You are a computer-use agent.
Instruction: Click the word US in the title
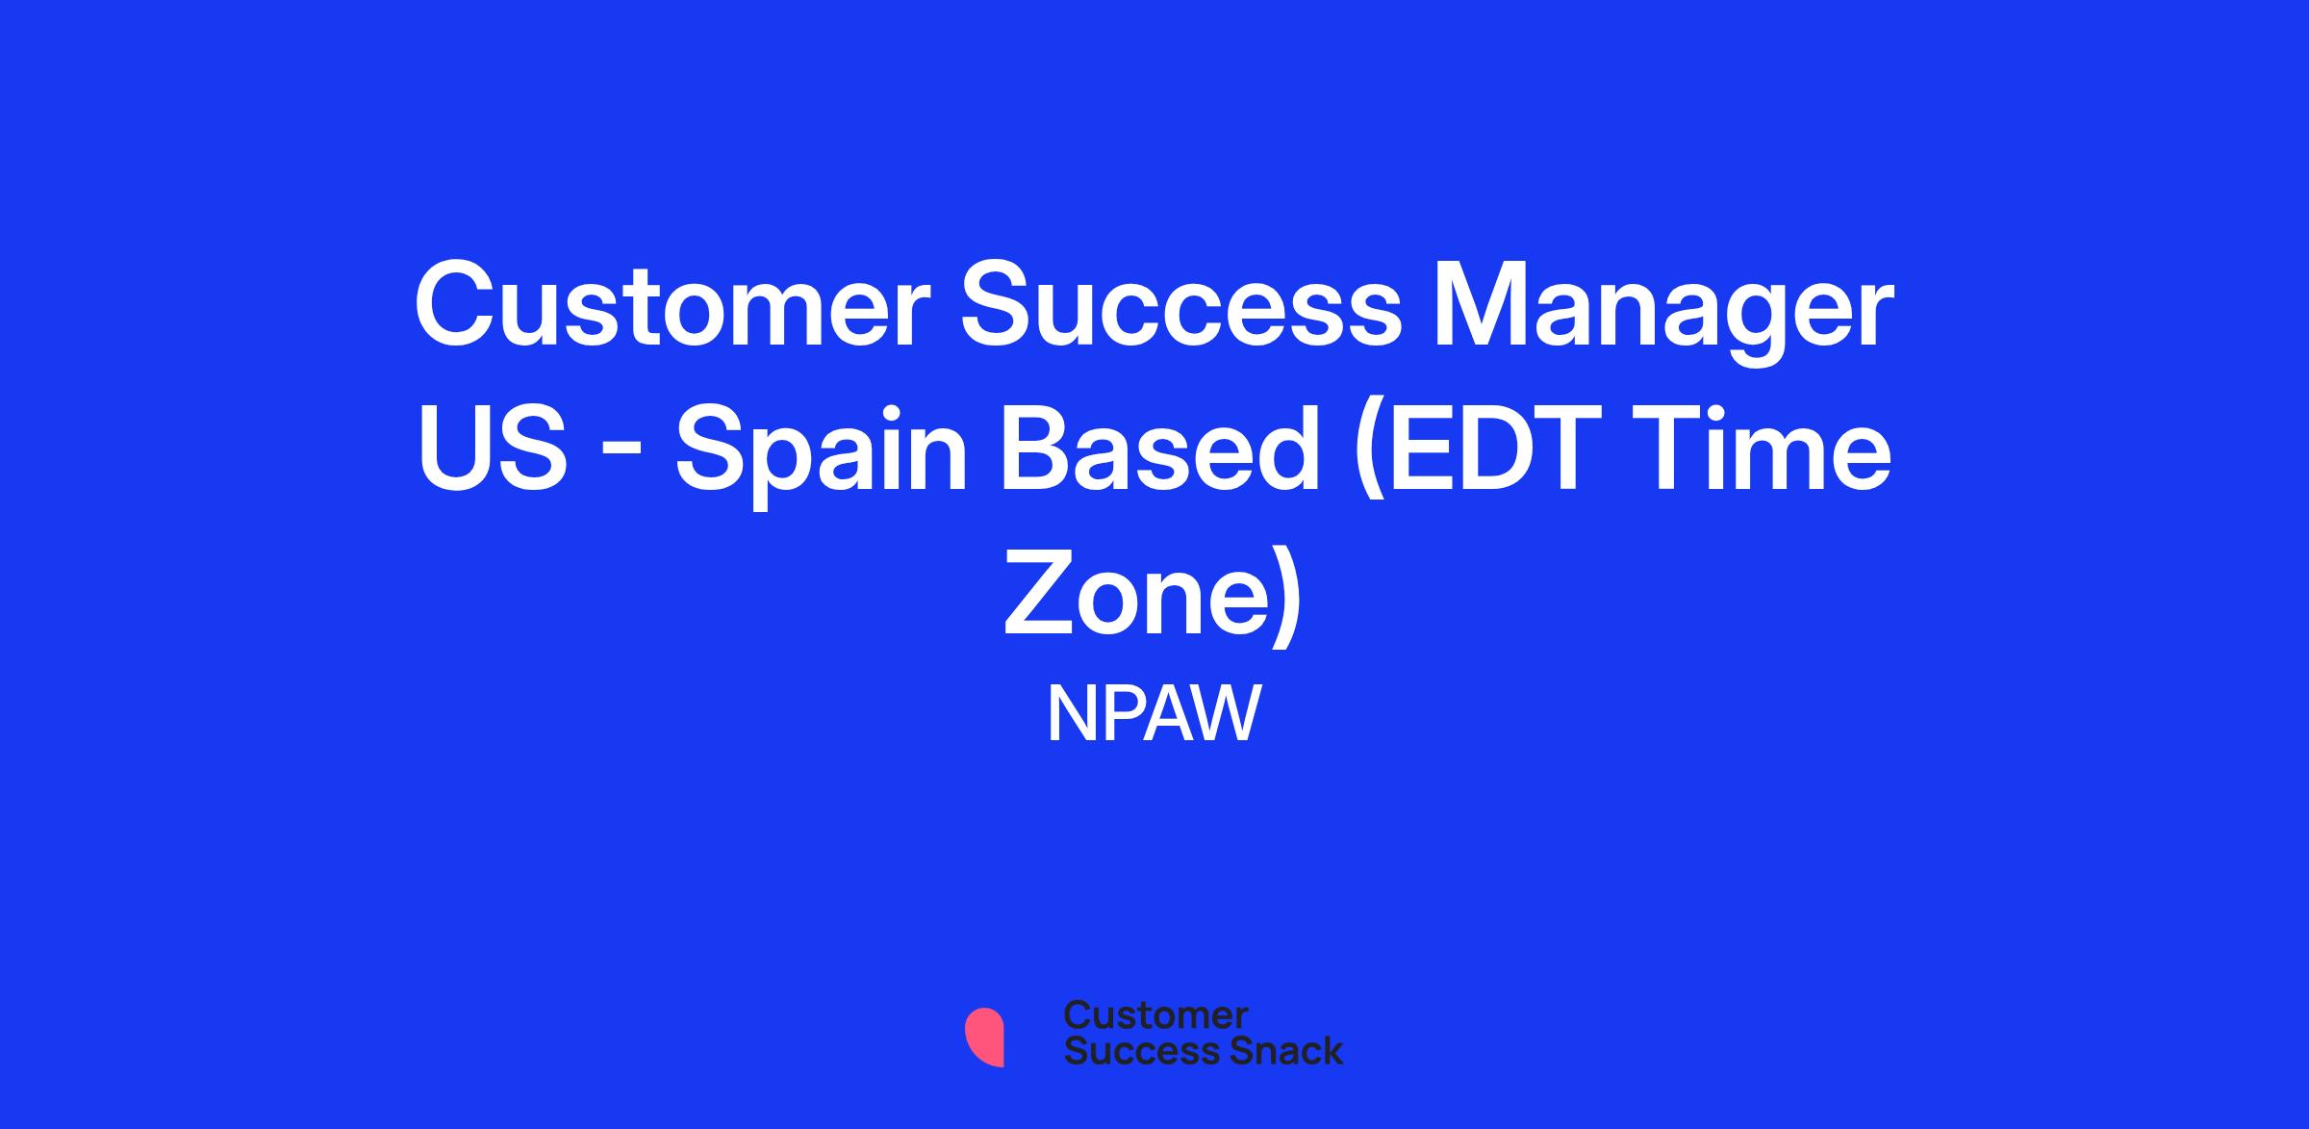[492, 449]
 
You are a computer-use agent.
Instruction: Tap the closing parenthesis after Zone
[1288, 599]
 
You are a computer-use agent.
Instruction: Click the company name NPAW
[1154, 714]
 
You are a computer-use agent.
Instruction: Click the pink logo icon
[984, 1037]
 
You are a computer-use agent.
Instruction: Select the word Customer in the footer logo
[1156, 1015]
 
